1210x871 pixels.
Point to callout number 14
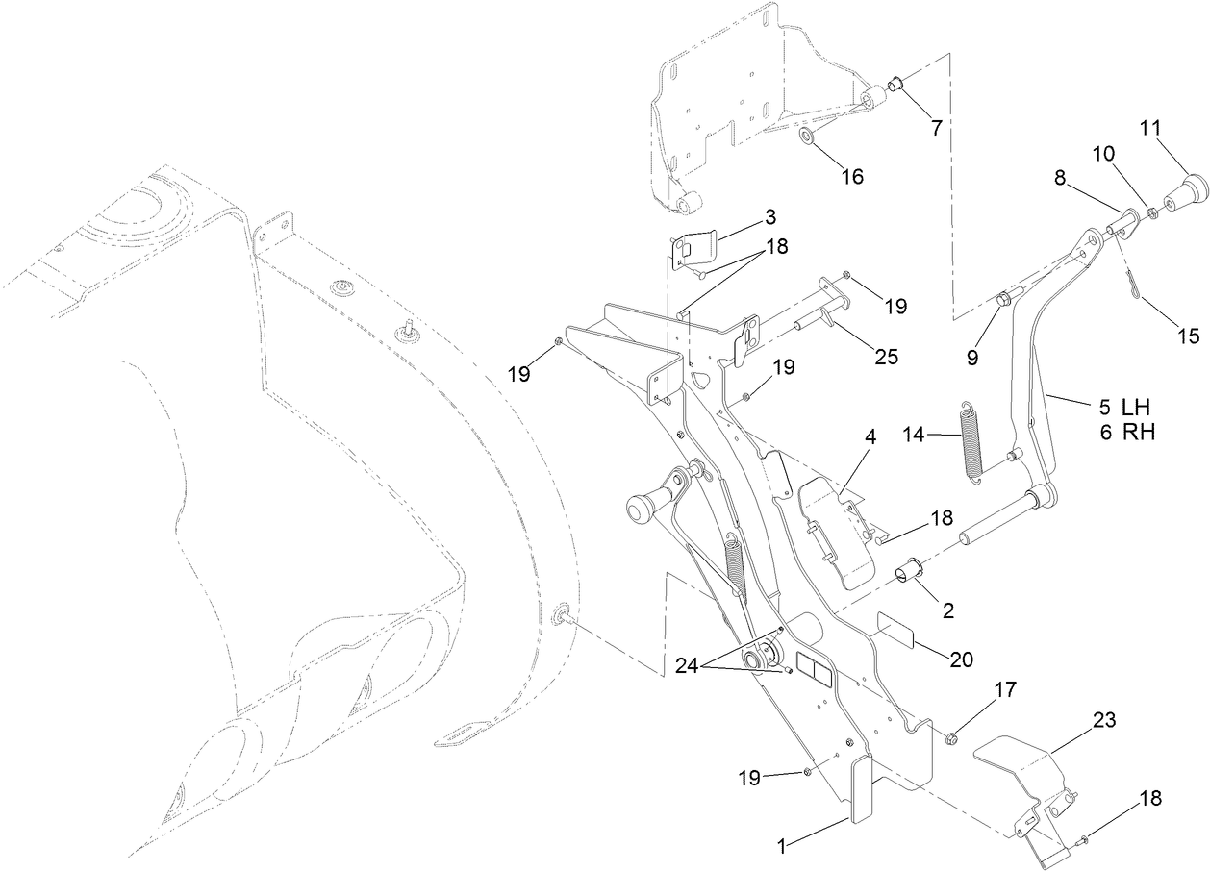click(915, 435)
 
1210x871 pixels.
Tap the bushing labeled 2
click(909, 573)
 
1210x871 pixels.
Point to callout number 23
click(1103, 720)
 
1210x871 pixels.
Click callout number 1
click(783, 845)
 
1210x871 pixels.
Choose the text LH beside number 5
click(1137, 407)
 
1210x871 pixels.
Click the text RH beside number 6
click(1138, 432)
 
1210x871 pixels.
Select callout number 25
click(886, 357)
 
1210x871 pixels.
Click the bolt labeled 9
click(1002, 299)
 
